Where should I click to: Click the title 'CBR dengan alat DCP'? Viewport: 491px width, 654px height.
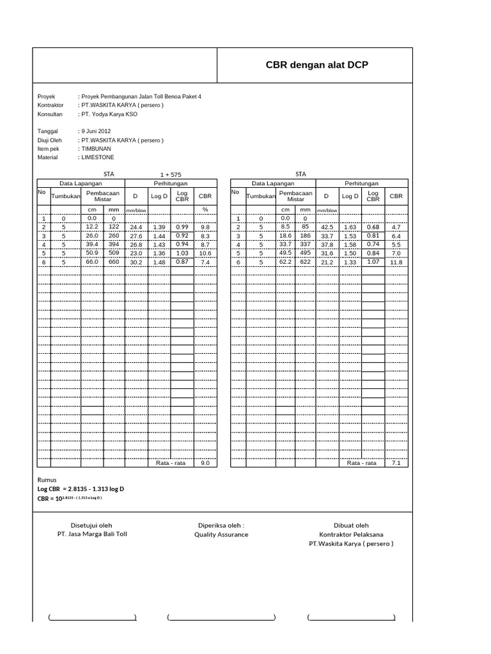click(316, 65)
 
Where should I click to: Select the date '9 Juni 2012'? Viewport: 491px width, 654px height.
click(95, 131)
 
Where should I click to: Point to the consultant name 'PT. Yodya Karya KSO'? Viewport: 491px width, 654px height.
click(109, 114)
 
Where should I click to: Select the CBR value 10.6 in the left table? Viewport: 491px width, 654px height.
click(205, 254)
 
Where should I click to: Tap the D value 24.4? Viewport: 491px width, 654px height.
click(136, 227)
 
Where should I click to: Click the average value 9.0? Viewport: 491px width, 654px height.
click(205, 464)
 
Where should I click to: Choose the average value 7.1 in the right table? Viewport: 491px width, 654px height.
click(396, 464)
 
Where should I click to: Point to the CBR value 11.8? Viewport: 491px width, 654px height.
click(396, 262)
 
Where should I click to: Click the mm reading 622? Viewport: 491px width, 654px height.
click(305, 262)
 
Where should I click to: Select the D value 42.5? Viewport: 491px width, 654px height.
click(327, 227)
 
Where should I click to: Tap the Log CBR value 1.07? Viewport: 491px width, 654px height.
click(373, 261)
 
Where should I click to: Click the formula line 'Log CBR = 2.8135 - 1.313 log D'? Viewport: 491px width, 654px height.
click(81, 489)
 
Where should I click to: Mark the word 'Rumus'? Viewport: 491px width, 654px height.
click(47, 479)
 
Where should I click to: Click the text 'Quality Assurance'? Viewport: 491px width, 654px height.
click(221, 535)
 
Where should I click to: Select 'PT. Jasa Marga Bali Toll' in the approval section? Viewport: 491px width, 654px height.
click(92, 535)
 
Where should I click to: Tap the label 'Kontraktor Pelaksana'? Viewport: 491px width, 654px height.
click(352, 535)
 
